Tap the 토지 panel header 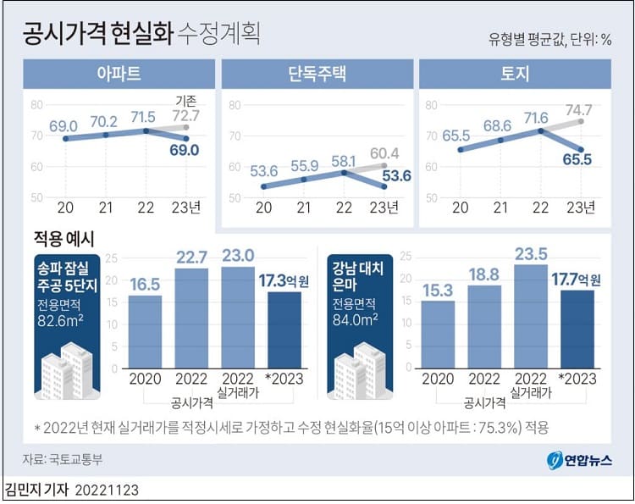click(x=515, y=74)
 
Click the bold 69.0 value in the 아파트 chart click(x=185, y=150)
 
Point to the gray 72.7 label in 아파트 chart click(x=185, y=115)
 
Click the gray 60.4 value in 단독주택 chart click(x=384, y=154)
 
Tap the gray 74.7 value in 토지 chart click(x=579, y=109)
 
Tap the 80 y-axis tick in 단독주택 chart click(x=235, y=106)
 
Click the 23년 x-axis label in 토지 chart click(x=581, y=208)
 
